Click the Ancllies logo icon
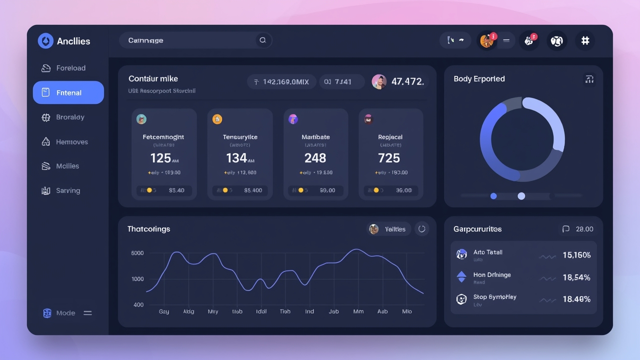tap(45, 41)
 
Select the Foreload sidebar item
tap(70, 68)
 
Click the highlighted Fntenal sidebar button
tap(68, 92)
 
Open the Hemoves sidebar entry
tap(71, 142)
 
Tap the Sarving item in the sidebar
tap(67, 190)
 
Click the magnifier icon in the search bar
tap(262, 40)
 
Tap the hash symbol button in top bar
tap(585, 40)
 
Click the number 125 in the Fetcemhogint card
tap(160, 158)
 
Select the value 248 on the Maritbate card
tap(315, 158)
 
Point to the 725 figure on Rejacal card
tap(389, 158)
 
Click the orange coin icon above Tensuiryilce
tap(217, 119)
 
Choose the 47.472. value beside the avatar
tap(407, 81)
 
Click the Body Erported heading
tap(479, 79)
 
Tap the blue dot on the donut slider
tap(493, 196)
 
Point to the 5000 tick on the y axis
tap(137, 253)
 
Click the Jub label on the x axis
tap(333, 311)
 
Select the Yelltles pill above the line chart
tap(389, 229)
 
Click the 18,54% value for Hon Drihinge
tap(576, 277)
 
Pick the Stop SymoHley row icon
tap(461, 299)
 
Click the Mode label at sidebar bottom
tap(65, 313)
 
